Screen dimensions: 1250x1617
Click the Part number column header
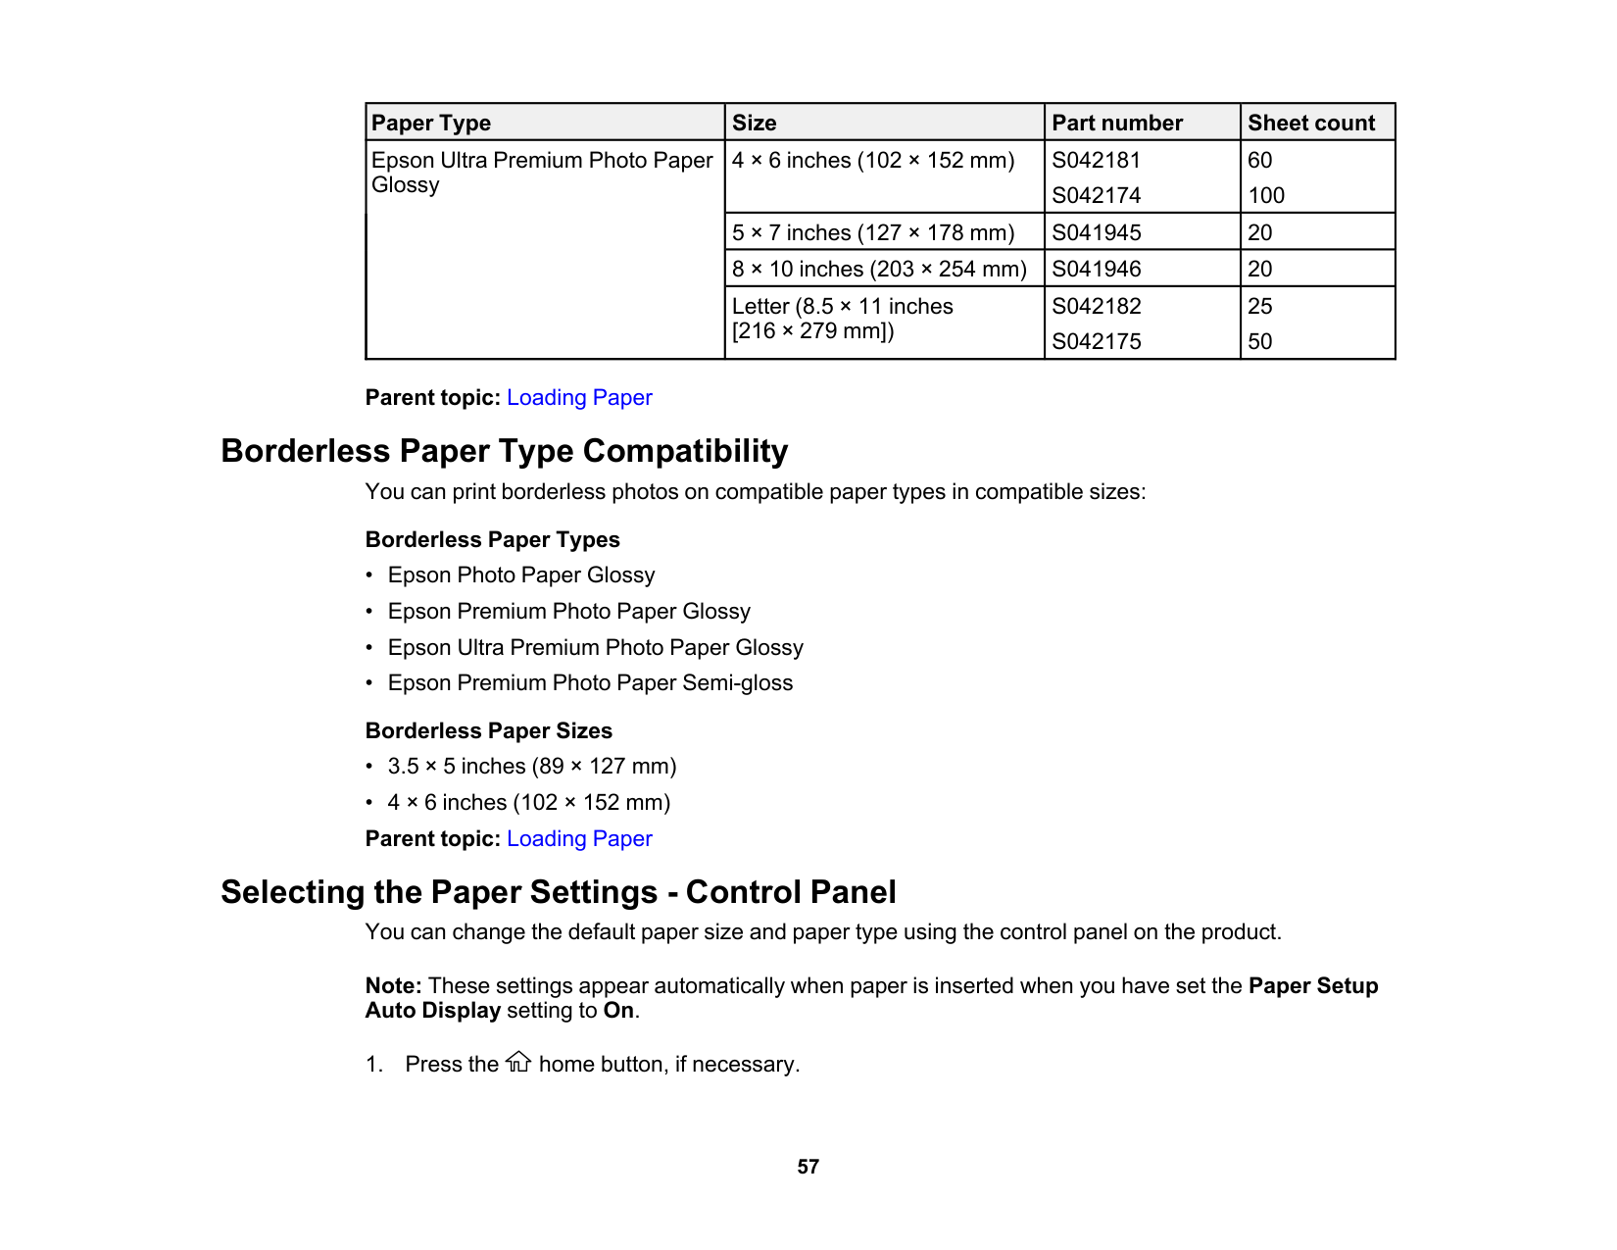1116,124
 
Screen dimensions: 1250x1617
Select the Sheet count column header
1310,124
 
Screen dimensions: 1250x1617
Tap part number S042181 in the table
1096,161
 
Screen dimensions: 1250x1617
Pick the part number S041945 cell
1096,233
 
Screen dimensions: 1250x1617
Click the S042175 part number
1096,342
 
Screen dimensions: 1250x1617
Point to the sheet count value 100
1265,196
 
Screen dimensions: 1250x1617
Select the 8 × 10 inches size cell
878,270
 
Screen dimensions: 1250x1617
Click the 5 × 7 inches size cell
872,233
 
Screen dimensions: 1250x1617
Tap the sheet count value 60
1259,161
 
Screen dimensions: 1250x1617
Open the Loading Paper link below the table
579,398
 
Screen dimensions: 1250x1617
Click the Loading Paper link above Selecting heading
579,839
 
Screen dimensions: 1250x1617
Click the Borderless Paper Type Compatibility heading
504,451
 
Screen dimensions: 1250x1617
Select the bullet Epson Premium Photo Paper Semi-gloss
590,683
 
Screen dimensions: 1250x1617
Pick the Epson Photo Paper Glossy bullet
520,575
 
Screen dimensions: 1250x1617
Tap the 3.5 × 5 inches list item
531,767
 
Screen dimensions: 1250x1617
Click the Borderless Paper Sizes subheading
488,731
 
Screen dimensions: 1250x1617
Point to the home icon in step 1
518,1063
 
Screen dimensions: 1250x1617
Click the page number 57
808,1167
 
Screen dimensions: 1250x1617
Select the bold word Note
392,986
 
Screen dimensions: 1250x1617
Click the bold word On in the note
617,1011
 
